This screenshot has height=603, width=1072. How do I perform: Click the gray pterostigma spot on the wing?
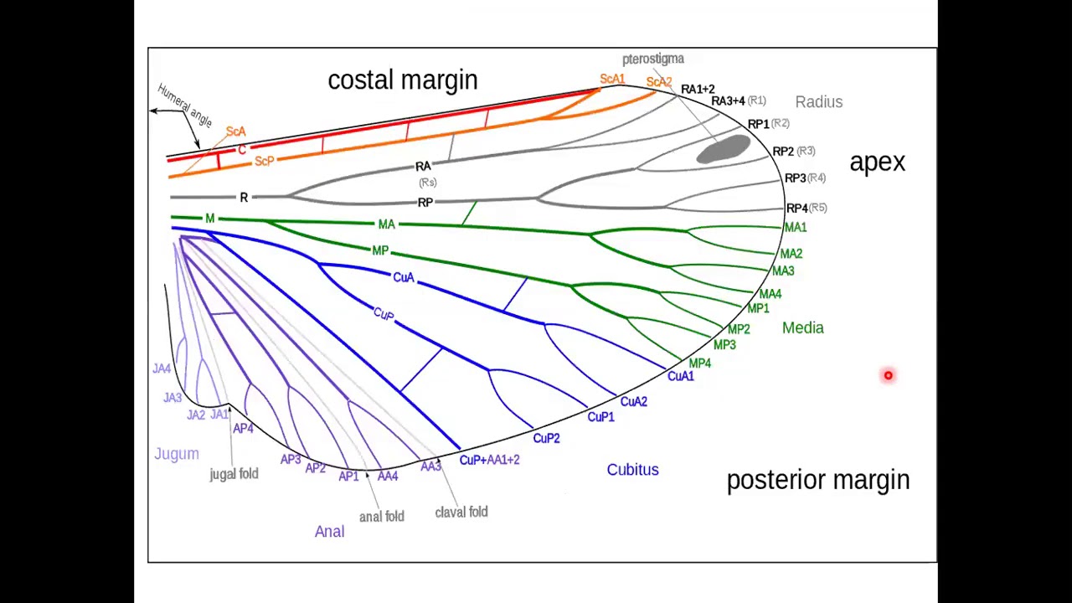coord(723,149)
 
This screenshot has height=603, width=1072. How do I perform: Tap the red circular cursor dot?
coord(889,375)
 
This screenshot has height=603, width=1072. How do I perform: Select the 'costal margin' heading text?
coord(403,80)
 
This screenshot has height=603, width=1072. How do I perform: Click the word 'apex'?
coord(877,162)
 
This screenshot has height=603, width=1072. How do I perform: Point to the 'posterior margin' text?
coord(818,480)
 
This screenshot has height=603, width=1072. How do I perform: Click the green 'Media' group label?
coord(803,327)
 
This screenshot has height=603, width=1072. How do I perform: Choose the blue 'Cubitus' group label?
coord(632,470)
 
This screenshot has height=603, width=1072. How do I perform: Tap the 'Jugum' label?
coord(177,454)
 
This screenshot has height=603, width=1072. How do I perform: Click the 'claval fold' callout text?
coord(461,512)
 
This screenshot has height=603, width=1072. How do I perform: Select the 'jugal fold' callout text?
coord(234,474)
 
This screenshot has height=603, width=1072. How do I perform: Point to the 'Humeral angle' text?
coord(185,106)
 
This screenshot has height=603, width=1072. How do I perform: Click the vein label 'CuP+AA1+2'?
coord(490,460)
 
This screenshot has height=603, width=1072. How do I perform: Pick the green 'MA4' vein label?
coord(770,294)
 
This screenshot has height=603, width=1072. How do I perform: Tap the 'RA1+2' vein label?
coord(698,90)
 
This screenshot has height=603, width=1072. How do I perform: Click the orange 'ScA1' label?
coord(612,79)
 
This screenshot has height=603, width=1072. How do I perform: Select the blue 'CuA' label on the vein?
coord(404,277)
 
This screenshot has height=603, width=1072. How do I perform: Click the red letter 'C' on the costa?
coord(242,150)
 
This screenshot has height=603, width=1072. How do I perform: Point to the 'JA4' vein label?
coord(162,368)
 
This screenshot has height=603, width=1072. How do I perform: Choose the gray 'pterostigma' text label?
coord(653,59)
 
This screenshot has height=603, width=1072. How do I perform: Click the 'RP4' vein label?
coord(797,209)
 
